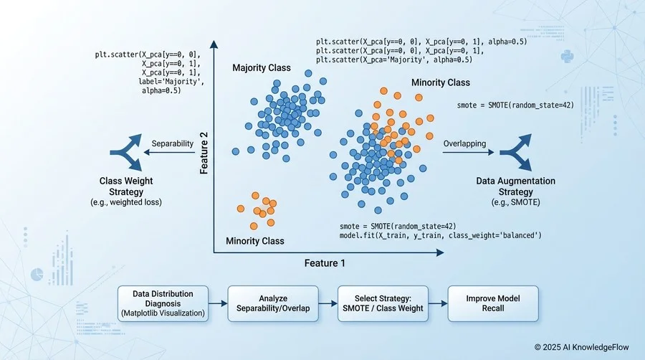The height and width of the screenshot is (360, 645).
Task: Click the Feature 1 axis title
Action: coord(325,263)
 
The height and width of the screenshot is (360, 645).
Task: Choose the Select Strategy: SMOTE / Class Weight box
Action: coord(383,303)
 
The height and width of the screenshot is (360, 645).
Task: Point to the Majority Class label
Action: coord(262,68)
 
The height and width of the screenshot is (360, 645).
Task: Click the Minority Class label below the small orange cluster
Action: coord(255,241)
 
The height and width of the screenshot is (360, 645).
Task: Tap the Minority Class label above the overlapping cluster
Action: coord(441,83)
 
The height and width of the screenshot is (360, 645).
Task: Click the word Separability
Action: coord(173,143)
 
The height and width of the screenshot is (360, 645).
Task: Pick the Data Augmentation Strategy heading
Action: coord(516,186)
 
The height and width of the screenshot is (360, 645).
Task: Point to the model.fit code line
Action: coord(440,235)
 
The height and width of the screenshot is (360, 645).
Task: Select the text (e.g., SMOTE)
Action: coord(516,203)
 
